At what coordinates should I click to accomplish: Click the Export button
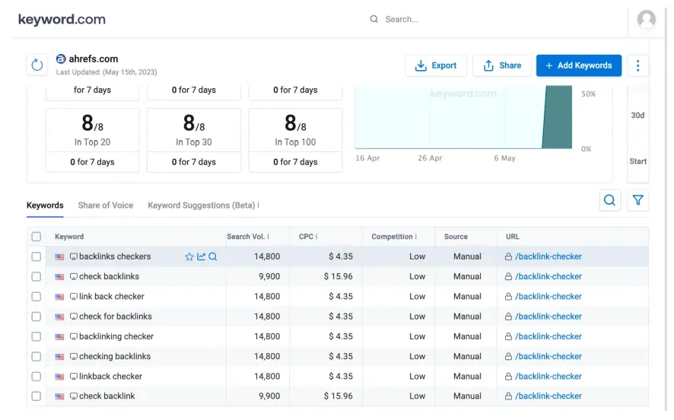point(436,65)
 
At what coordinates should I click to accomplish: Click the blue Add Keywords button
point(578,65)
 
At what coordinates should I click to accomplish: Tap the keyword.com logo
point(62,19)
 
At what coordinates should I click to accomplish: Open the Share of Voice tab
point(105,205)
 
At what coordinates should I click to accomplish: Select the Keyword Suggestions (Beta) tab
point(202,205)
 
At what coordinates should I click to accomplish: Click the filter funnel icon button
point(637,200)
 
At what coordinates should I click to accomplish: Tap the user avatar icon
point(646,20)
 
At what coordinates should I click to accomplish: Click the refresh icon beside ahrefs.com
point(37,65)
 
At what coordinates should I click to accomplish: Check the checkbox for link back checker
point(37,297)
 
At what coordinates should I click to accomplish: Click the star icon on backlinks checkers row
point(189,256)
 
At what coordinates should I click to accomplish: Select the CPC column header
point(306,237)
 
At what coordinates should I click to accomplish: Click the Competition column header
point(392,237)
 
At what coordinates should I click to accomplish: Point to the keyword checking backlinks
point(114,356)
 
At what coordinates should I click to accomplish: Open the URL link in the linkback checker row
point(548,376)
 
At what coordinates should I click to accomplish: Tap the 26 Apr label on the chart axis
point(430,158)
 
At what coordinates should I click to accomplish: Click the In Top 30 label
point(194,142)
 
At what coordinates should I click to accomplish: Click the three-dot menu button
point(637,65)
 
